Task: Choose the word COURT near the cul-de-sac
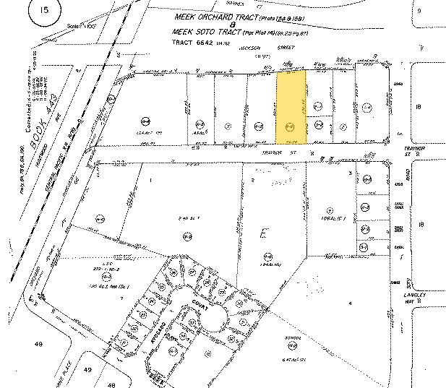pos(200,306)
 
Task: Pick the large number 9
pos(418,12)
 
